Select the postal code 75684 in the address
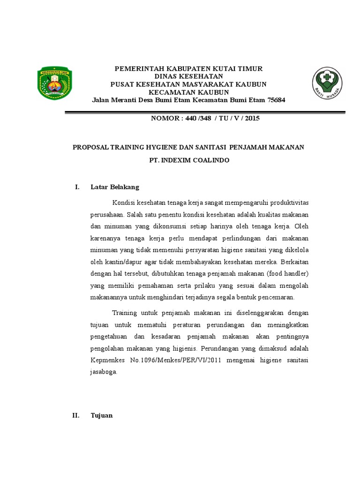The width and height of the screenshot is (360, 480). [276, 100]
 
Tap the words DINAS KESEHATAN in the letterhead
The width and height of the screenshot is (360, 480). [188, 76]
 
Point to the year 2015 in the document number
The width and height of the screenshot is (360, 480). [252, 119]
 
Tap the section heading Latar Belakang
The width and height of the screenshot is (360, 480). [115, 187]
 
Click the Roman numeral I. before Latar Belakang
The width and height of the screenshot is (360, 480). [77, 187]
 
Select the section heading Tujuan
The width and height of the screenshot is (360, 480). [102, 415]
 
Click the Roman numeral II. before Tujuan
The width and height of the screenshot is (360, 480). [77, 415]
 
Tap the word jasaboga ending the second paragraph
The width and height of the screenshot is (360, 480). [104, 372]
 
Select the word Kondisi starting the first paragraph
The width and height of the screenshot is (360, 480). [123, 202]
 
